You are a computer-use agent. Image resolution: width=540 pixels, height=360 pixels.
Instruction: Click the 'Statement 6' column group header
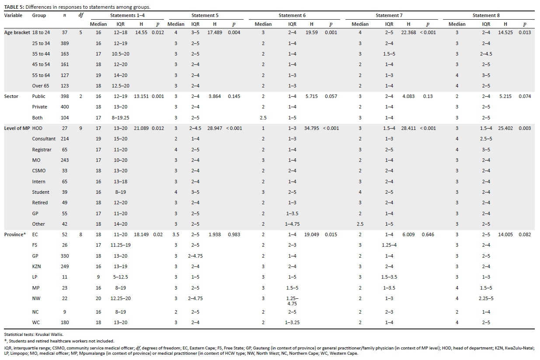point(292,16)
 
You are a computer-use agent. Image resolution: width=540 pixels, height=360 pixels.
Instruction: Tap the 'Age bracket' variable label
point(17,33)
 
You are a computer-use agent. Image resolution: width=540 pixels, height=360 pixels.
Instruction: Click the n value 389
point(65,43)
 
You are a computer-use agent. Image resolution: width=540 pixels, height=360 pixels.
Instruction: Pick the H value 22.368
point(409,33)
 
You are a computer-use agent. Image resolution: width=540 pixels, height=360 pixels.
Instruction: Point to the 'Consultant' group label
point(44,139)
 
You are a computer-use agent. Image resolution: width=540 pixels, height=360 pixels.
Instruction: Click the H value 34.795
point(311,128)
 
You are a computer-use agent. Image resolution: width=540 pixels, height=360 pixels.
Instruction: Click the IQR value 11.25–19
point(122,245)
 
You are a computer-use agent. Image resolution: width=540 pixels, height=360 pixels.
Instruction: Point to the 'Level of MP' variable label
point(17,128)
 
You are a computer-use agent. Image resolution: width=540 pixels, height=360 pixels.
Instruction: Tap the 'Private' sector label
point(40,107)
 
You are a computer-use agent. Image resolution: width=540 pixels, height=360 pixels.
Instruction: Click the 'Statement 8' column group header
point(486,16)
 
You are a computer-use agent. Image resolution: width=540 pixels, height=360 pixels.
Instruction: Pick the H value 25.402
point(505,128)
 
